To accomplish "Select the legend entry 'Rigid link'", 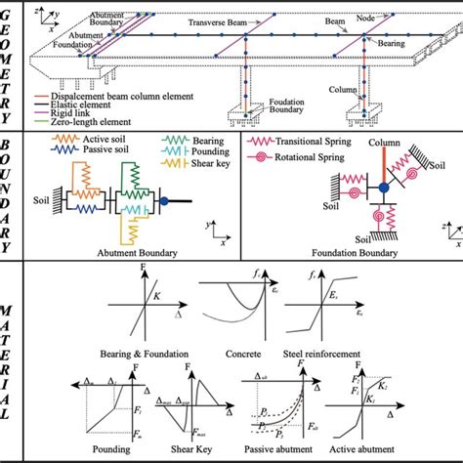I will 74,112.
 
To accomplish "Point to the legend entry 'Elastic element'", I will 84,104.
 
